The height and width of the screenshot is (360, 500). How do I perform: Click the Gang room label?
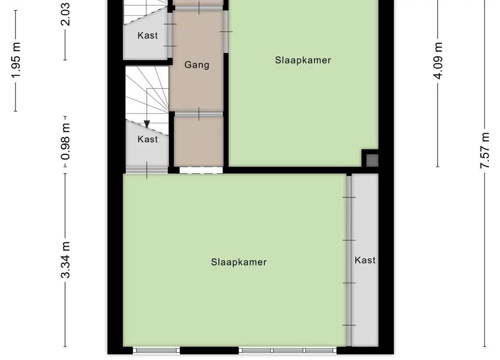point(197,65)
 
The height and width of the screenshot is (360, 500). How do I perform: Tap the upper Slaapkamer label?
point(303,60)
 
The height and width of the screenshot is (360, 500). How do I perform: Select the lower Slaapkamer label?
point(239,262)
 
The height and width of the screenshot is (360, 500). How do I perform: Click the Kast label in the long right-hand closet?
point(365,260)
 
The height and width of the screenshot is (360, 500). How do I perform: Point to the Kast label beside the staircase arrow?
point(148,139)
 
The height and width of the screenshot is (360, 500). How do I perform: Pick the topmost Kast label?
point(148,35)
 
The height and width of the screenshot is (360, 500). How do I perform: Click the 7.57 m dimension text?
point(485,151)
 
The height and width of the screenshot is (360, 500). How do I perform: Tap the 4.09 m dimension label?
point(438,61)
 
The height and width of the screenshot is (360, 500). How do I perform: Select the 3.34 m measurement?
point(66,260)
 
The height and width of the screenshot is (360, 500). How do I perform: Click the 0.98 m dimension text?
point(66,142)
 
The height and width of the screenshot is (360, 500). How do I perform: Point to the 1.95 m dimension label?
point(16,60)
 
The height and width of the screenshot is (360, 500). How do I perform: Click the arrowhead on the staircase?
point(147,124)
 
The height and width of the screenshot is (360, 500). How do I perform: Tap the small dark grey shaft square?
point(372,160)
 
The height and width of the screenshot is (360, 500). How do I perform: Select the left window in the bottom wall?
point(156,350)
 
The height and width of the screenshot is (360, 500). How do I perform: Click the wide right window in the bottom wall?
point(288,350)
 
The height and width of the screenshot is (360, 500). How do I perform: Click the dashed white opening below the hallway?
point(201,170)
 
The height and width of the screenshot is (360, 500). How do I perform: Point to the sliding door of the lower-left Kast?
point(147,170)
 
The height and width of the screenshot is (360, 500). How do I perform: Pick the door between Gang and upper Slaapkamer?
point(226,31)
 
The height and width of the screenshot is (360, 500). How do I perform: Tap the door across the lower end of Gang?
point(199,114)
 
